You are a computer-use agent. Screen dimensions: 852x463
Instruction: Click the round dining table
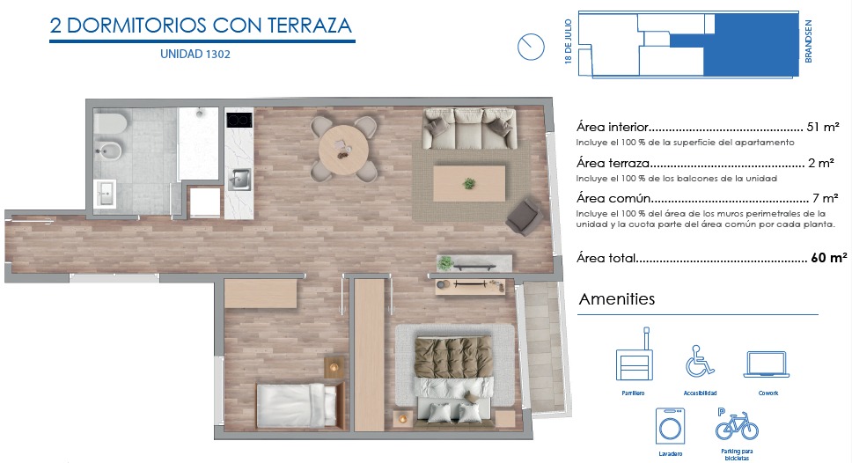click(x=343, y=150)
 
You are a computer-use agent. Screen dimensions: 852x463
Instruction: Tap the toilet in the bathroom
click(x=110, y=123)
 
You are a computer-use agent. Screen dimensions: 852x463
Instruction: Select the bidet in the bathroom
click(x=108, y=150)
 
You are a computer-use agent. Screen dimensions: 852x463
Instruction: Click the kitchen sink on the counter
click(x=239, y=180)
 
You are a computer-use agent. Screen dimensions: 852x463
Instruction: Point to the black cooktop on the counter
click(x=239, y=120)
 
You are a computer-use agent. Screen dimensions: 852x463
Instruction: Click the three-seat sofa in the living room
click(x=469, y=129)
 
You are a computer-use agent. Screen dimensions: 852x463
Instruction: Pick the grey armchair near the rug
click(x=525, y=217)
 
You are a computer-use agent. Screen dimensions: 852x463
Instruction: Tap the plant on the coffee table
click(x=468, y=184)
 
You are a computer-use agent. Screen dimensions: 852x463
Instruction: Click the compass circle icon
click(x=531, y=47)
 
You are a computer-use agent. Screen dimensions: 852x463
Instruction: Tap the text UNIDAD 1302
click(x=195, y=54)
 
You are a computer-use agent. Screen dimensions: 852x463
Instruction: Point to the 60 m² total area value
click(x=828, y=258)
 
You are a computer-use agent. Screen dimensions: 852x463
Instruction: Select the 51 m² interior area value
click(x=823, y=127)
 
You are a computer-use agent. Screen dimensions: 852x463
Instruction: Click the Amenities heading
click(x=617, y=299)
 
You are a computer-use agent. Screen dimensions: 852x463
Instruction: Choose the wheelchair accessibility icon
click(x=700, y=362)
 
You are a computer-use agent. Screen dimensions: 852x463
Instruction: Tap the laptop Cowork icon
click(x=766, y=364)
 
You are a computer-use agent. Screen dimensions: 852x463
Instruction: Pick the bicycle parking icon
click(x=737, y=424)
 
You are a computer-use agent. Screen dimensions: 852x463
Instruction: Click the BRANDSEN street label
click(x=808, y=41)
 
